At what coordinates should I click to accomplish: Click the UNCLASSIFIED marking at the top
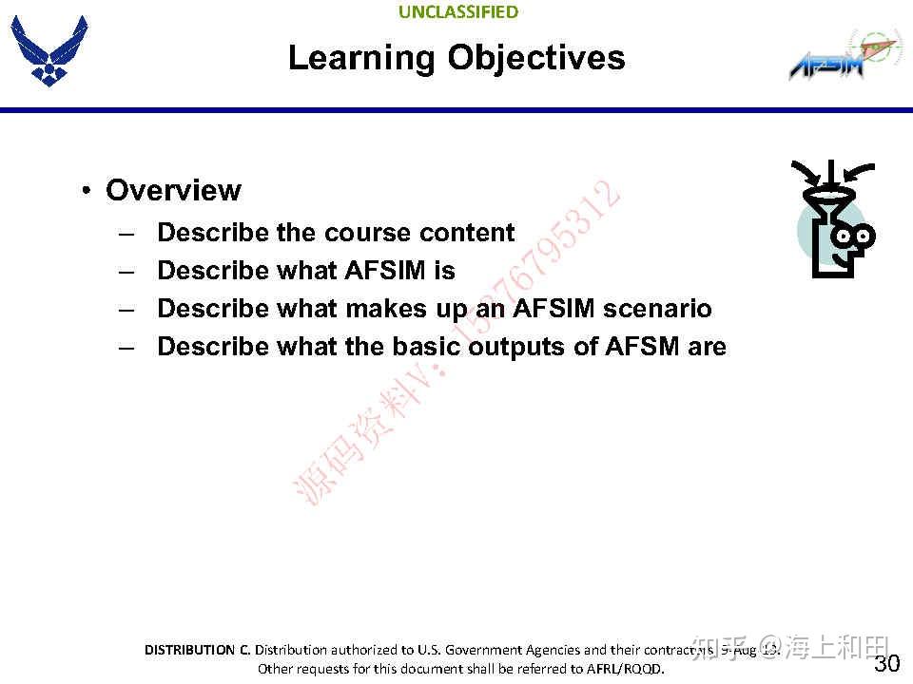(x=457, y=12)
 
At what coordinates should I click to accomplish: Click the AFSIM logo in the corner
(x=836, y=58)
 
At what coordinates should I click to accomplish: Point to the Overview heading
(x=173, y=190)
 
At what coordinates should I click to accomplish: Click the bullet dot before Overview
(x=86, y=190)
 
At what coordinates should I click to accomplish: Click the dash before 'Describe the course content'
(x=126, y=233)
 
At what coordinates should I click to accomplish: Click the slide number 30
(x=885, y=663)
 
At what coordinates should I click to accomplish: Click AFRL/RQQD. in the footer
(x=624, y=669)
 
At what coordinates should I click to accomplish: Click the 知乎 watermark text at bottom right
(x=715, y=648)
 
